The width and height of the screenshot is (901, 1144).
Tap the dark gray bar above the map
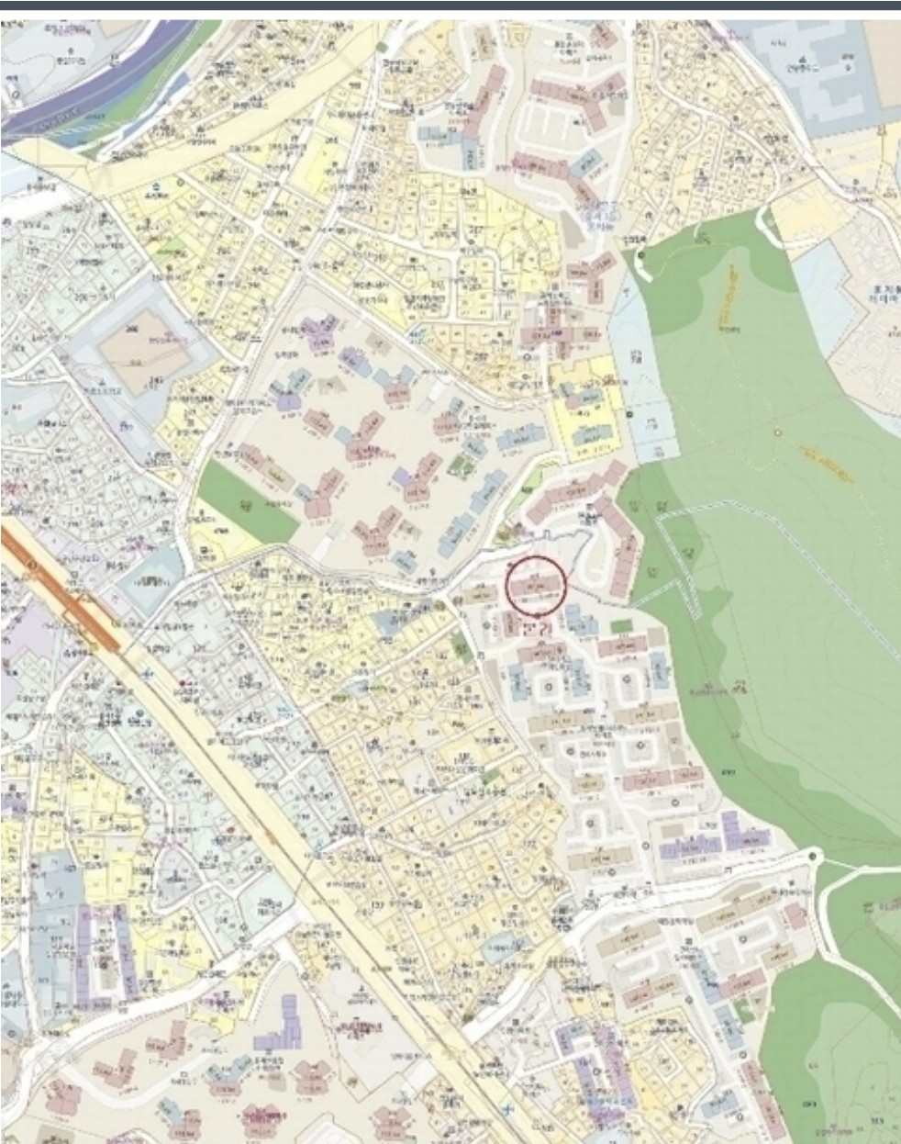coord(450,6)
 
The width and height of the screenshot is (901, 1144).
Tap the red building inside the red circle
coord(534,584)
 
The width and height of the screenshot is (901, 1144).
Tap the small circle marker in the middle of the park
coord(777,432)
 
